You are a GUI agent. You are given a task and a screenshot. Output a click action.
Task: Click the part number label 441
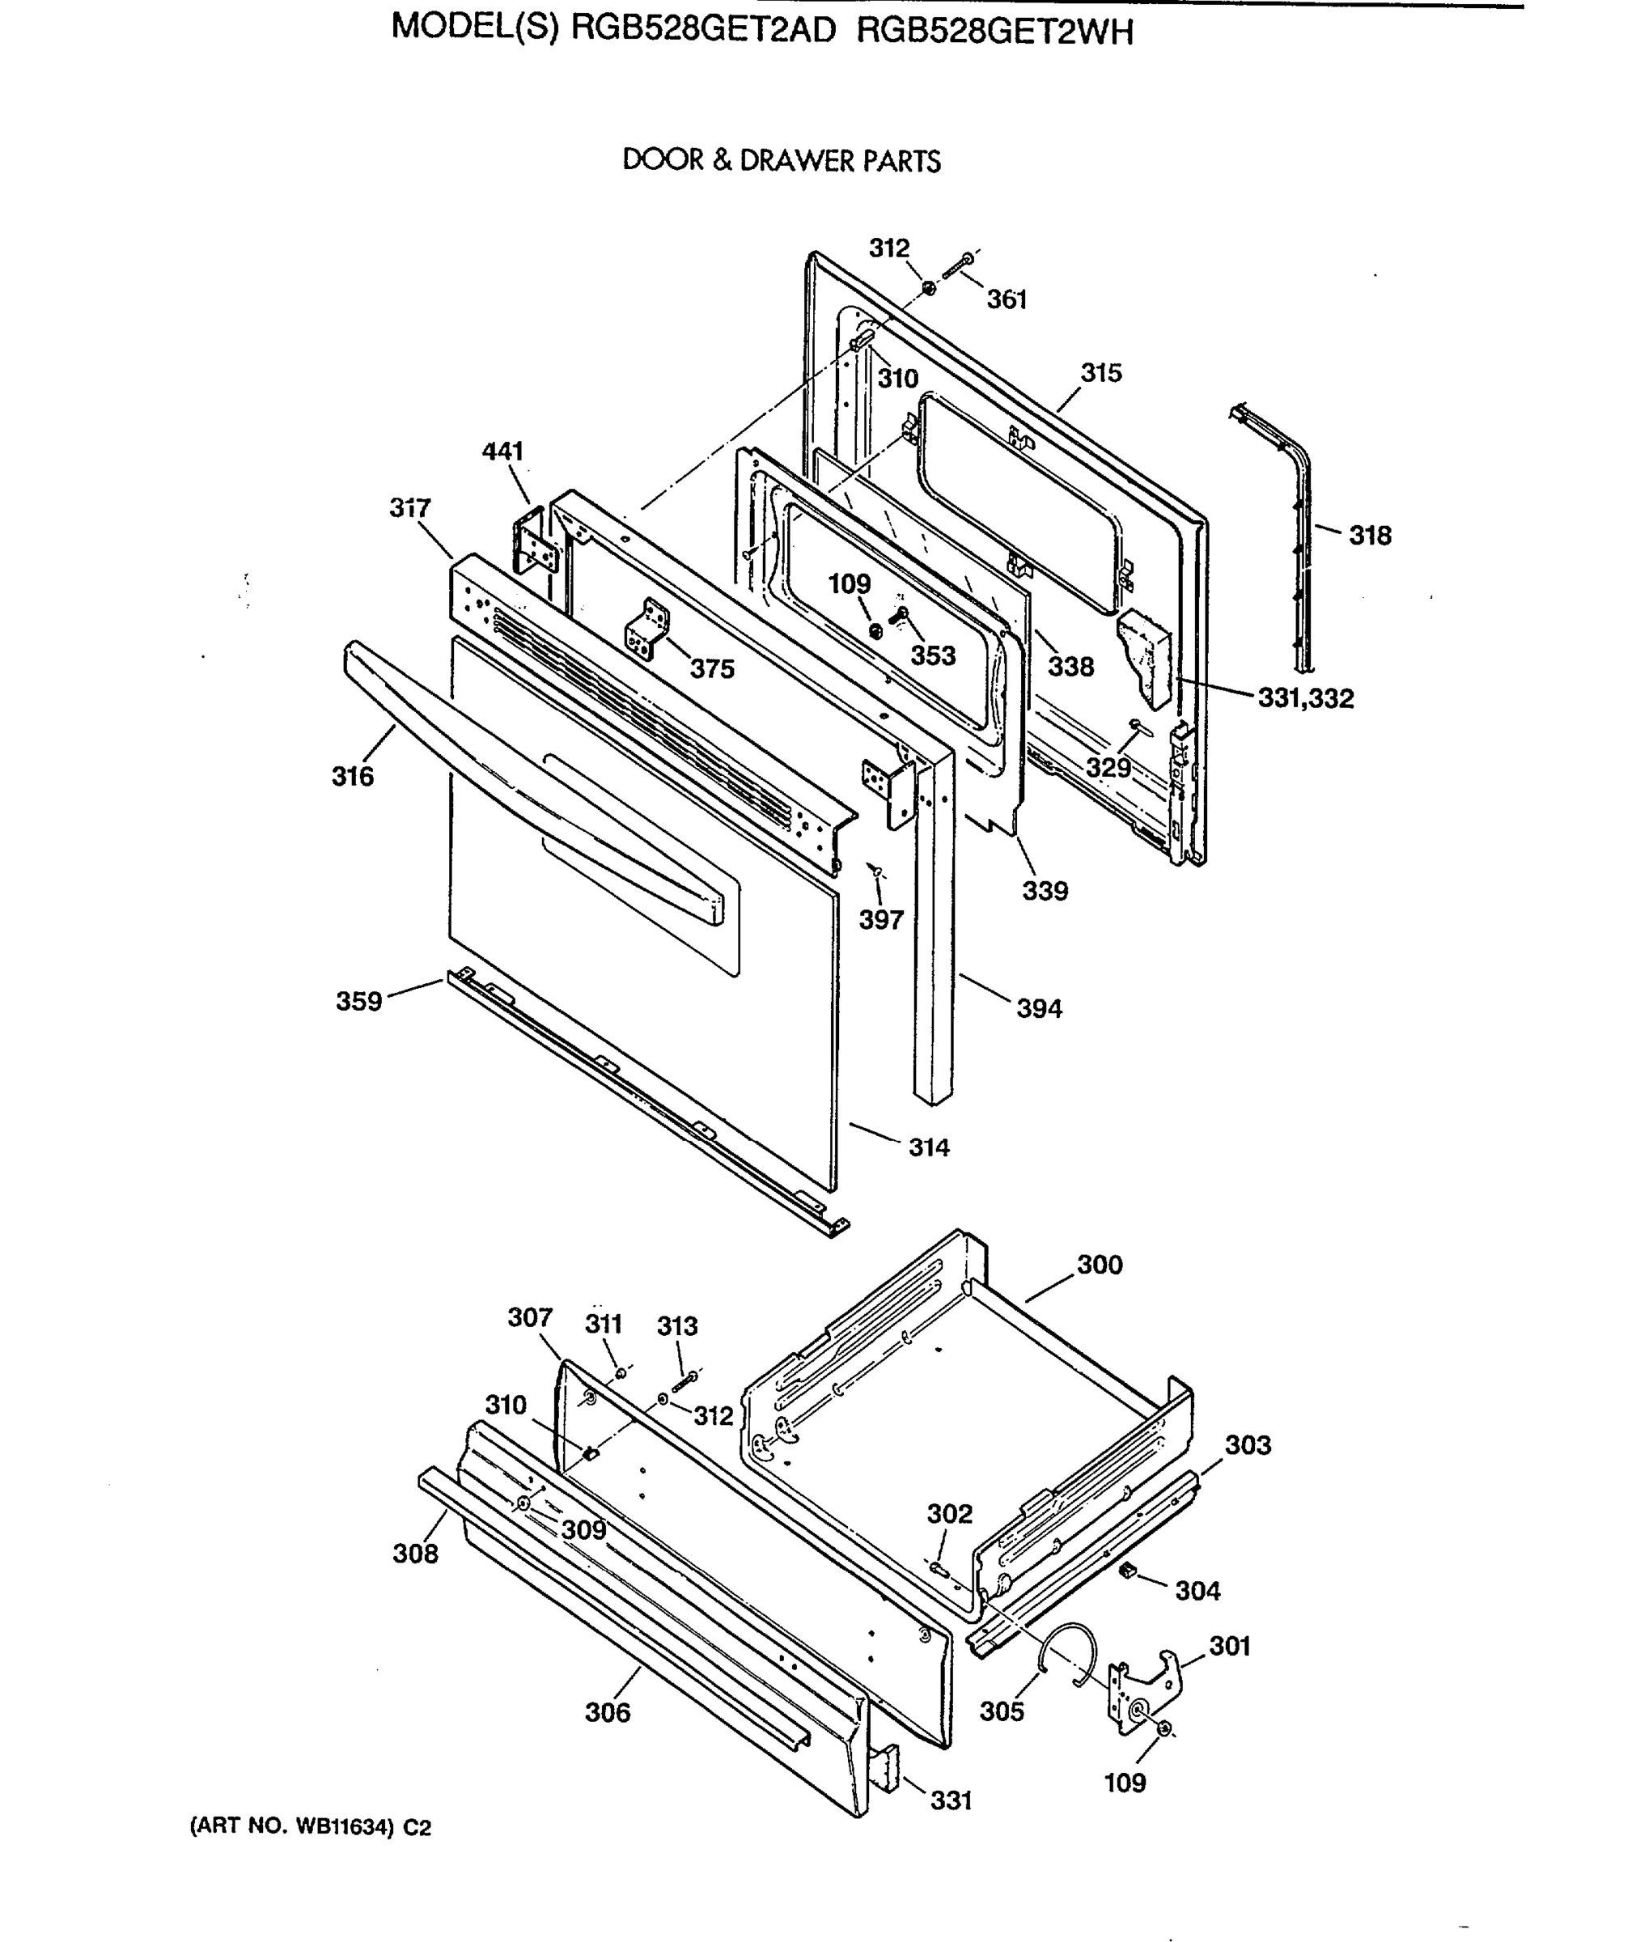(502, 452)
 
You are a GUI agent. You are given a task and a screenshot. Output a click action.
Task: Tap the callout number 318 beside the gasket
(1370, 536)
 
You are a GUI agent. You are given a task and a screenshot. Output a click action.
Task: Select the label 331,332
(1305, 698)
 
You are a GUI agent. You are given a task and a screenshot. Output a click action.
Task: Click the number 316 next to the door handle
(353, 776)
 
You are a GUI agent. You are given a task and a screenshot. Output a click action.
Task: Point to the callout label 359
(359, 1002)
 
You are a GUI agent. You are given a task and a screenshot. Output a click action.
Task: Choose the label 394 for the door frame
(1039, 1008)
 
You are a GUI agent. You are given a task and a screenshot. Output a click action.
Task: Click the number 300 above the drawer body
(1099, 1265)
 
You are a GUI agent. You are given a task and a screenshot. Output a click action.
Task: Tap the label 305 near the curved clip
(1002, 1711)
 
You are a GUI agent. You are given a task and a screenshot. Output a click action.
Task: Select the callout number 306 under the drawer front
(608, 1712)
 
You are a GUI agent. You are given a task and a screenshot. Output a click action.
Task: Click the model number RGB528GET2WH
(994, 33)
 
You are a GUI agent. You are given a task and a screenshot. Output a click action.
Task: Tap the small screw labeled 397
(874, 869)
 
